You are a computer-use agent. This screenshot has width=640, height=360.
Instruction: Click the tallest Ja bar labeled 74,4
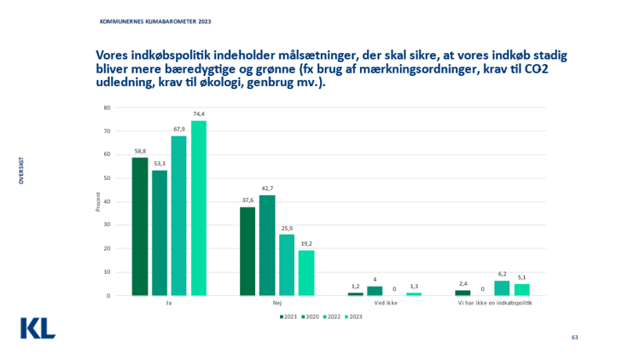(x=199, y=208)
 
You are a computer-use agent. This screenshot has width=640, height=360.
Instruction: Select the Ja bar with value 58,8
(x=140, y=226)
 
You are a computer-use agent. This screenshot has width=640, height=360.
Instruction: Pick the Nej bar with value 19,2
(x=306, y=273)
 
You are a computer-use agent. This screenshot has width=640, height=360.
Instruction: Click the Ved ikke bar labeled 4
(x=375, y=291)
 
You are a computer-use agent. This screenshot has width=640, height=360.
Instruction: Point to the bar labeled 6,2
(x=502, y=288)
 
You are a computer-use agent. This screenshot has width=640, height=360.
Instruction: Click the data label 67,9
(x=179, y=131)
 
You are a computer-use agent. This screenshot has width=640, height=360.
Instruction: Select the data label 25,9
(x=287, y=229)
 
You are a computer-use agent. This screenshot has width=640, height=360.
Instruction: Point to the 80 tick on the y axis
(x=108, y=107)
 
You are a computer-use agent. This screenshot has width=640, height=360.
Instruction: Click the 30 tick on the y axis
(x=108, y=225)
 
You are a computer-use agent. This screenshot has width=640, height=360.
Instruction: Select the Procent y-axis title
(x=98, y=202)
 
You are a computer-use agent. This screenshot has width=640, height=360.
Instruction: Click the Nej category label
(x=276, y=304)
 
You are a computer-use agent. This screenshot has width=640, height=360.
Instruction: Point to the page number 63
(x=575, y=339)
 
